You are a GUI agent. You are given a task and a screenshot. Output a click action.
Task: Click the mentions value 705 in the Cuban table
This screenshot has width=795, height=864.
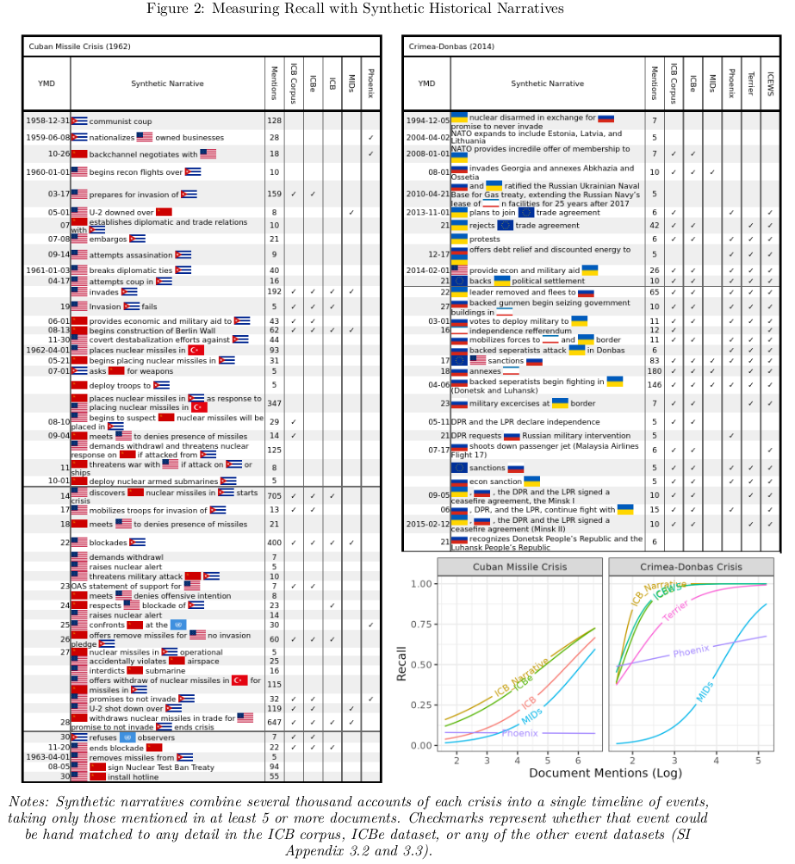274,495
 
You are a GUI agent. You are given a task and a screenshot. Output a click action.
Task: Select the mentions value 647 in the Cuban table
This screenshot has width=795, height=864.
274,721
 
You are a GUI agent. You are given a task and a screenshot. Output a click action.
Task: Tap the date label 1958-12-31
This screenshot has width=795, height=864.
47,121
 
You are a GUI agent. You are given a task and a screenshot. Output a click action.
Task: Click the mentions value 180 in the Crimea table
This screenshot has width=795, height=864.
654,371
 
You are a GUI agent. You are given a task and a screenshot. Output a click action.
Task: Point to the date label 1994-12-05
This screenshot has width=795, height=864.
427,121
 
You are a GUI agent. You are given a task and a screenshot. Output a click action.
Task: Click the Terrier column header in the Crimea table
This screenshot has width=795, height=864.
750,84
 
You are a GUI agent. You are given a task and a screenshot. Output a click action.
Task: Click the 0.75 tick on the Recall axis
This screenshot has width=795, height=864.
421,624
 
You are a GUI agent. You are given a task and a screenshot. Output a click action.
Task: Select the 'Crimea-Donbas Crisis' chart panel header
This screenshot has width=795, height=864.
690,567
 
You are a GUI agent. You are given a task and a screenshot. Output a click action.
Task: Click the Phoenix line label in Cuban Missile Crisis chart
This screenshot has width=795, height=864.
519,733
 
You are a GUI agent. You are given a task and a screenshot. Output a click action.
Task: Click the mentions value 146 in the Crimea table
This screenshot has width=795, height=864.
654,384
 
